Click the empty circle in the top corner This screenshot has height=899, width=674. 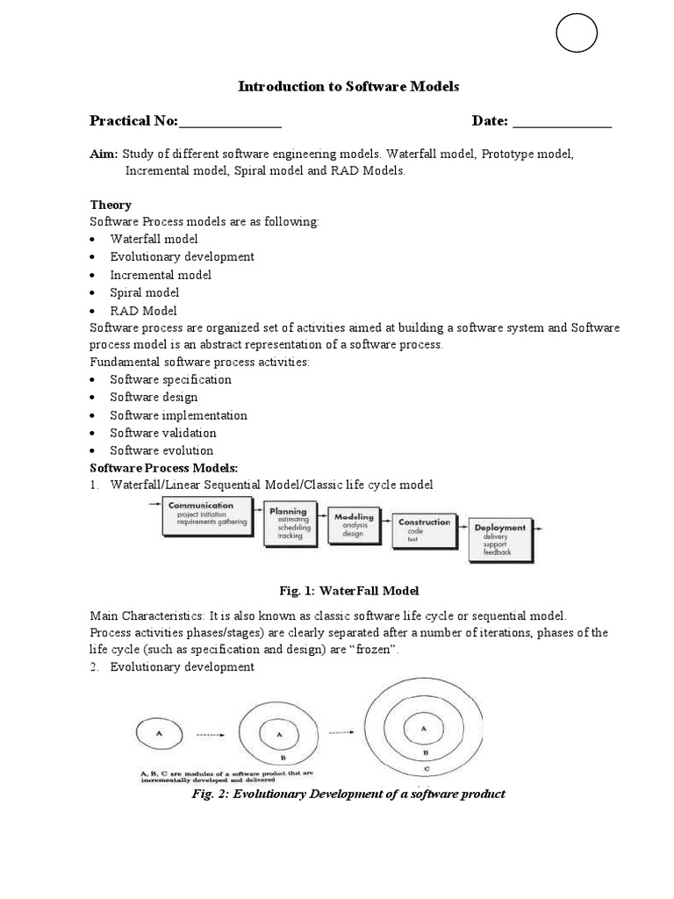pos(577,35)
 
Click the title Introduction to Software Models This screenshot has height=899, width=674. pos(349,86)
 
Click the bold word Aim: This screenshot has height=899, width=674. pos(103,154)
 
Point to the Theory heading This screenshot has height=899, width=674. pos(111,205)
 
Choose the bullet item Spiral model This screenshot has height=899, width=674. pos(144,292)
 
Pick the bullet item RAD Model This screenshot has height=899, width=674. pos(143,310)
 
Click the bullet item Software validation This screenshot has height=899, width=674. pos(162,433)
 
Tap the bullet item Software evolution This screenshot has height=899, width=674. pos(161,450)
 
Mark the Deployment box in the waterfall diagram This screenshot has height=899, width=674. pos(500,539)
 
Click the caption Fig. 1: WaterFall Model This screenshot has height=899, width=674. pos(348,590)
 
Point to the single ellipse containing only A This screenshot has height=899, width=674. pos(158,732)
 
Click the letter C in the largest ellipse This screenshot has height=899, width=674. pos(425,768)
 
